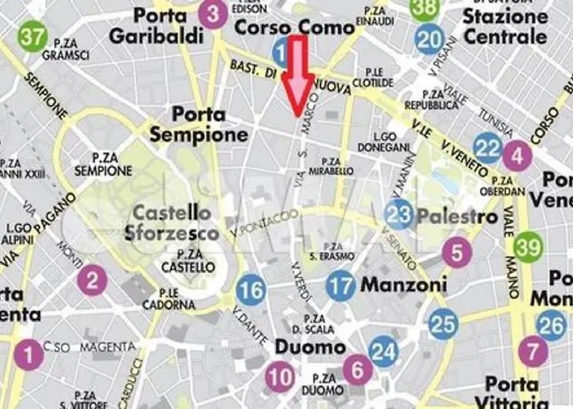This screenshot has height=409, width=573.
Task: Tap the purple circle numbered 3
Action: (x=213, y=14)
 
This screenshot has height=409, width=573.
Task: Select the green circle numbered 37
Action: (x=33, y=37)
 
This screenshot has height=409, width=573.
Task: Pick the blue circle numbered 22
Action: (x=488, y=147)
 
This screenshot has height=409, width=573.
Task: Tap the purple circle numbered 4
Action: (x=517, y=155)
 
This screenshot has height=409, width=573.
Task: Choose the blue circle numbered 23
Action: (x=399, y=215)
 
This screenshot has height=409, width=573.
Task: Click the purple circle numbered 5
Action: (x=457, y=252)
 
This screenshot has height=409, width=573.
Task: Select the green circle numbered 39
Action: (x=529, y=246)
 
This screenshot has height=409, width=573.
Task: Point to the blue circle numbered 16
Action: (x=251, y=290)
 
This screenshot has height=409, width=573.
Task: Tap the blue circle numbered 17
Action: (x=341, y=285)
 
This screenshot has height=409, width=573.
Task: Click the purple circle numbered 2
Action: (x=92, y=281)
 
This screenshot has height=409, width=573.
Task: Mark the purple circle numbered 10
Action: (x=279, y=377)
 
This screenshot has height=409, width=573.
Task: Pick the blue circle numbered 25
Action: (x=443, y=324)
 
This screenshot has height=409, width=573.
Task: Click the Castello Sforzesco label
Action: (x=174, y=222)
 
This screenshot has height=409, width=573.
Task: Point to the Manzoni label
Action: (x=404, y=285)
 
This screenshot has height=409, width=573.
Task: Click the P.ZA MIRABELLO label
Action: (x=338, y=166)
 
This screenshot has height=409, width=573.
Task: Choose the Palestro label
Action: (x=457, y=217)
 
